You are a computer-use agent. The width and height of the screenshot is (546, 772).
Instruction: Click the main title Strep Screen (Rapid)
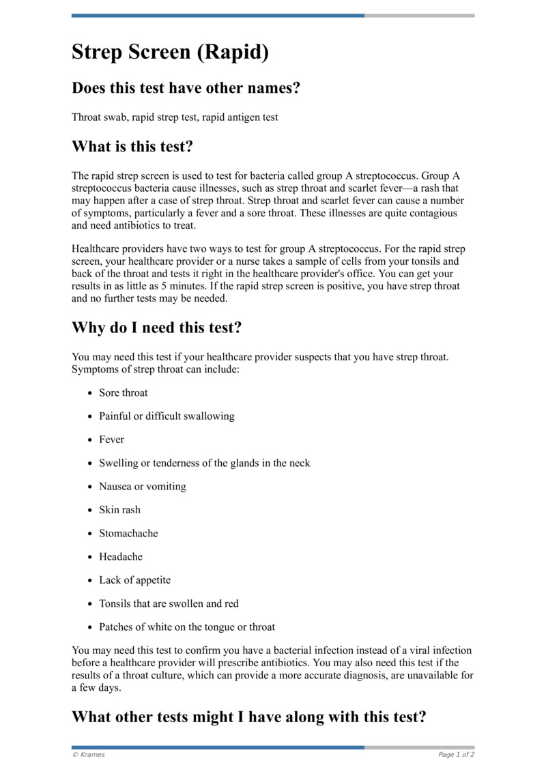pyautogui.click(x=170, y=53)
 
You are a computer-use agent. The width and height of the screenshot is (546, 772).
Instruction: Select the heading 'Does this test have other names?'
pyautogui.click(x=186, y=88)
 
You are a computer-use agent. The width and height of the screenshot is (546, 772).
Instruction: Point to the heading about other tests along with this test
pyautogui.click(x=248, y=717)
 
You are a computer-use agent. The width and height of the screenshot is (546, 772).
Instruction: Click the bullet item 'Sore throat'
pyautogui.click(x=123, y=392)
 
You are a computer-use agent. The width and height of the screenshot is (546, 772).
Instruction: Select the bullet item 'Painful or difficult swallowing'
pyautogui.click(x=167, y=416)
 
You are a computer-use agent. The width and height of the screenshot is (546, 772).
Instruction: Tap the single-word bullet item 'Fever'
pyautogui.click(x=111, y=440)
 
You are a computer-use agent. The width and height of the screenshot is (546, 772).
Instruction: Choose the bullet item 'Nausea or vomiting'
pyautogui.click(x=142, y=487)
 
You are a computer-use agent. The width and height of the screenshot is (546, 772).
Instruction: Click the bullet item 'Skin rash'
pyautogui.click(x=119, y=510)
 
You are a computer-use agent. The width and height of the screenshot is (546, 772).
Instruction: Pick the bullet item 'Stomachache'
pyautogui.click(x=128, y=533)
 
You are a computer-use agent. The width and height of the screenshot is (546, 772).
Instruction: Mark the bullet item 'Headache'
pyautogui.click(x=121, y=557)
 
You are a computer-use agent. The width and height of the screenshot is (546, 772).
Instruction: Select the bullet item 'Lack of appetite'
pyautogui.click(x=134, y=580)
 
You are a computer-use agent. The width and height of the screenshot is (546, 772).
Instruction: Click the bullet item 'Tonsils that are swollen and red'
pyautogui.click(x=169, y=603)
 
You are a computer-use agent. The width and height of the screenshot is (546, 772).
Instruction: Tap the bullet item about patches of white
pyautogui.click(x=187, y=627)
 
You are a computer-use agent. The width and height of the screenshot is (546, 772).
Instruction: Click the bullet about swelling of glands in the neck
pyautogui.click(x=204, y=463)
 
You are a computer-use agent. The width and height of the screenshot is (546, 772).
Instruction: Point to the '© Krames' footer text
pyautogui.click(x=88, y=755)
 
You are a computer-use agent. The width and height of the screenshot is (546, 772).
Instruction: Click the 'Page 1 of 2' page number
pyautogui.click(x=456, y=755)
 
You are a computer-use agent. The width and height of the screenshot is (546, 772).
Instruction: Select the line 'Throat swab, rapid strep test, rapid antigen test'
pyautogui.click(x=175, y=117)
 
